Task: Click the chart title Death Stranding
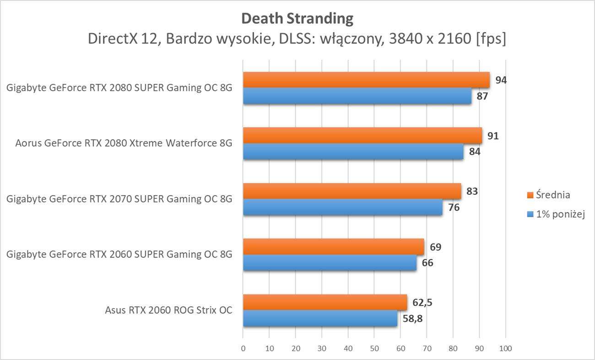point(297,19)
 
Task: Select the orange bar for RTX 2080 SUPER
point(366,80)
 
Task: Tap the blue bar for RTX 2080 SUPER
point(357,96)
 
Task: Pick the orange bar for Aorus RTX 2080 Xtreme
point(362,136)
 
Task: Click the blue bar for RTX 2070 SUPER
point(342,207)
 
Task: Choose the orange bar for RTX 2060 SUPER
point(334,247)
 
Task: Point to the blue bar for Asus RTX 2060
point(320,319)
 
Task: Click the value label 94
point(501,80)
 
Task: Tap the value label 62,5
point(422,303)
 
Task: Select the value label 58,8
point(413,319)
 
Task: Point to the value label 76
point(454,207)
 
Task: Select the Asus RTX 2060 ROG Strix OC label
point(168,311)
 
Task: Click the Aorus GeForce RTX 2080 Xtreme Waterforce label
point(124,143)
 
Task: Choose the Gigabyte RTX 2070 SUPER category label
point(119,199)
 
